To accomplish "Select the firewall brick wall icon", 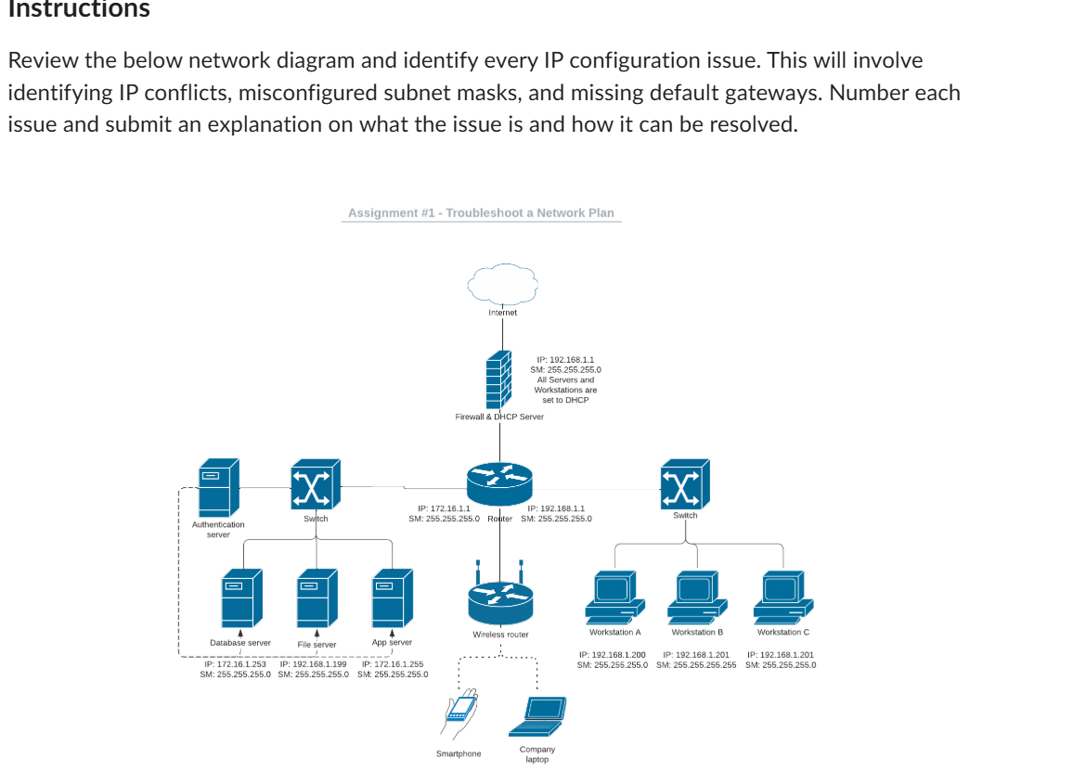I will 498,380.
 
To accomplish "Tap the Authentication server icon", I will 219,488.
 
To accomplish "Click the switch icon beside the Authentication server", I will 316,484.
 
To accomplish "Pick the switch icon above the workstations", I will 685,483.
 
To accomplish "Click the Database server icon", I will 241,598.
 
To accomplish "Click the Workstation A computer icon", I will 614,597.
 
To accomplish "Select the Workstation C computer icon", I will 782,597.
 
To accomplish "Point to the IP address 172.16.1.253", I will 235,664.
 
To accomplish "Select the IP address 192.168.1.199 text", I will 313,664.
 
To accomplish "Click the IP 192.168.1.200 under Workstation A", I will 612,655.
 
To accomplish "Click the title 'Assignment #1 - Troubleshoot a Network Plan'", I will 481,213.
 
